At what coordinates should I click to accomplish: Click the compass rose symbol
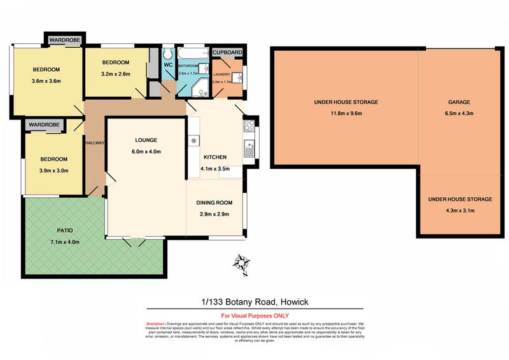click(241, 261)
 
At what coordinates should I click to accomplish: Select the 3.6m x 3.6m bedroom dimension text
click(46, 81)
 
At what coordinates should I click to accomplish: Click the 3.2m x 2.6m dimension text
click(115, 74)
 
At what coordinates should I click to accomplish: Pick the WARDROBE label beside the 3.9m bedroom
click(44, 124)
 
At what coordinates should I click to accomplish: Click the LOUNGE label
click(146, 140)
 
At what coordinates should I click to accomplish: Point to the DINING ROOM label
click(214, 203)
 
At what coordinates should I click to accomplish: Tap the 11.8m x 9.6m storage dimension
click(346, 113)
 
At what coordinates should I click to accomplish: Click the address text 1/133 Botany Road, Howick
click(254, 302)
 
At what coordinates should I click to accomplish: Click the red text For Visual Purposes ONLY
click(254, 315)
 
